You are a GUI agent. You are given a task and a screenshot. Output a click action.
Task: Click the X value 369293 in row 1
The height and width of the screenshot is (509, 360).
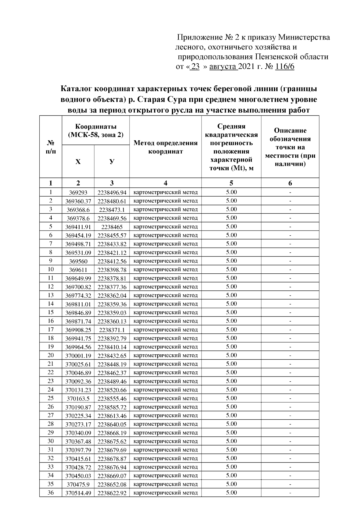[78, 192]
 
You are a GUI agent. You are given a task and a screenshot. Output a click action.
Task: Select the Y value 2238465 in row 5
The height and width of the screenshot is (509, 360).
[112, 227]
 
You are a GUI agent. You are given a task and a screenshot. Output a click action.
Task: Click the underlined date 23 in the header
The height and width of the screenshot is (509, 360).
[195, 67]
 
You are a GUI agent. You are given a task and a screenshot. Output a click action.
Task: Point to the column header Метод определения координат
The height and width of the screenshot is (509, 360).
[165, 147]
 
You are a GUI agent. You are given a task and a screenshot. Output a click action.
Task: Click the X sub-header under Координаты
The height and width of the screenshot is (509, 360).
[78, 162]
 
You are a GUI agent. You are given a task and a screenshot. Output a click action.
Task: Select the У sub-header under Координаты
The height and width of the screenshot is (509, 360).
[112, 162]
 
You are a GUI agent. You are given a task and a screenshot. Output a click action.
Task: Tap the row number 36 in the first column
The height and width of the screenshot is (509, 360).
[50, 492]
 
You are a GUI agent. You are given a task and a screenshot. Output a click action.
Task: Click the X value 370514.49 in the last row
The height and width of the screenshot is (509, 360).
[78, 493]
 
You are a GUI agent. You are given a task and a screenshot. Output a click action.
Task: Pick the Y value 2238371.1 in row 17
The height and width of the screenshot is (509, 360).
[112, 330]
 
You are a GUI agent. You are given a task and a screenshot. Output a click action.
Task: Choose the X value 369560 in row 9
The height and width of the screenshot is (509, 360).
[78, 261]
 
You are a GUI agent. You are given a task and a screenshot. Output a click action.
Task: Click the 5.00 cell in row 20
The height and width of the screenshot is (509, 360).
[231, 355]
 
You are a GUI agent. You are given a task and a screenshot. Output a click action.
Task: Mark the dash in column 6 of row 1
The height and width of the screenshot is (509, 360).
[290, 192]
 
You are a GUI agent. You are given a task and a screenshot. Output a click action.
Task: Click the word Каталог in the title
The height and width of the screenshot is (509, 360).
[76, 89]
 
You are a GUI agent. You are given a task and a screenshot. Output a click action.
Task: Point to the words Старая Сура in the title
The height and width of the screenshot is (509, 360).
[157, 100]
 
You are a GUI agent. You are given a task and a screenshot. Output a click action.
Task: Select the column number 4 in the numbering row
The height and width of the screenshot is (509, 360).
[165, 183]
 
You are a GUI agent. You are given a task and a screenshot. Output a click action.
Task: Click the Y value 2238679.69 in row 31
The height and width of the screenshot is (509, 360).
[112, 450]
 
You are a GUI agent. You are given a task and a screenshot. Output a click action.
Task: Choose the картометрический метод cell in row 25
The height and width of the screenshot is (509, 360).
[165, 398]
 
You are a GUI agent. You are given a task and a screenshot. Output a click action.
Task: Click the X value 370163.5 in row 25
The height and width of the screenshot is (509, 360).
[78, 399]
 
